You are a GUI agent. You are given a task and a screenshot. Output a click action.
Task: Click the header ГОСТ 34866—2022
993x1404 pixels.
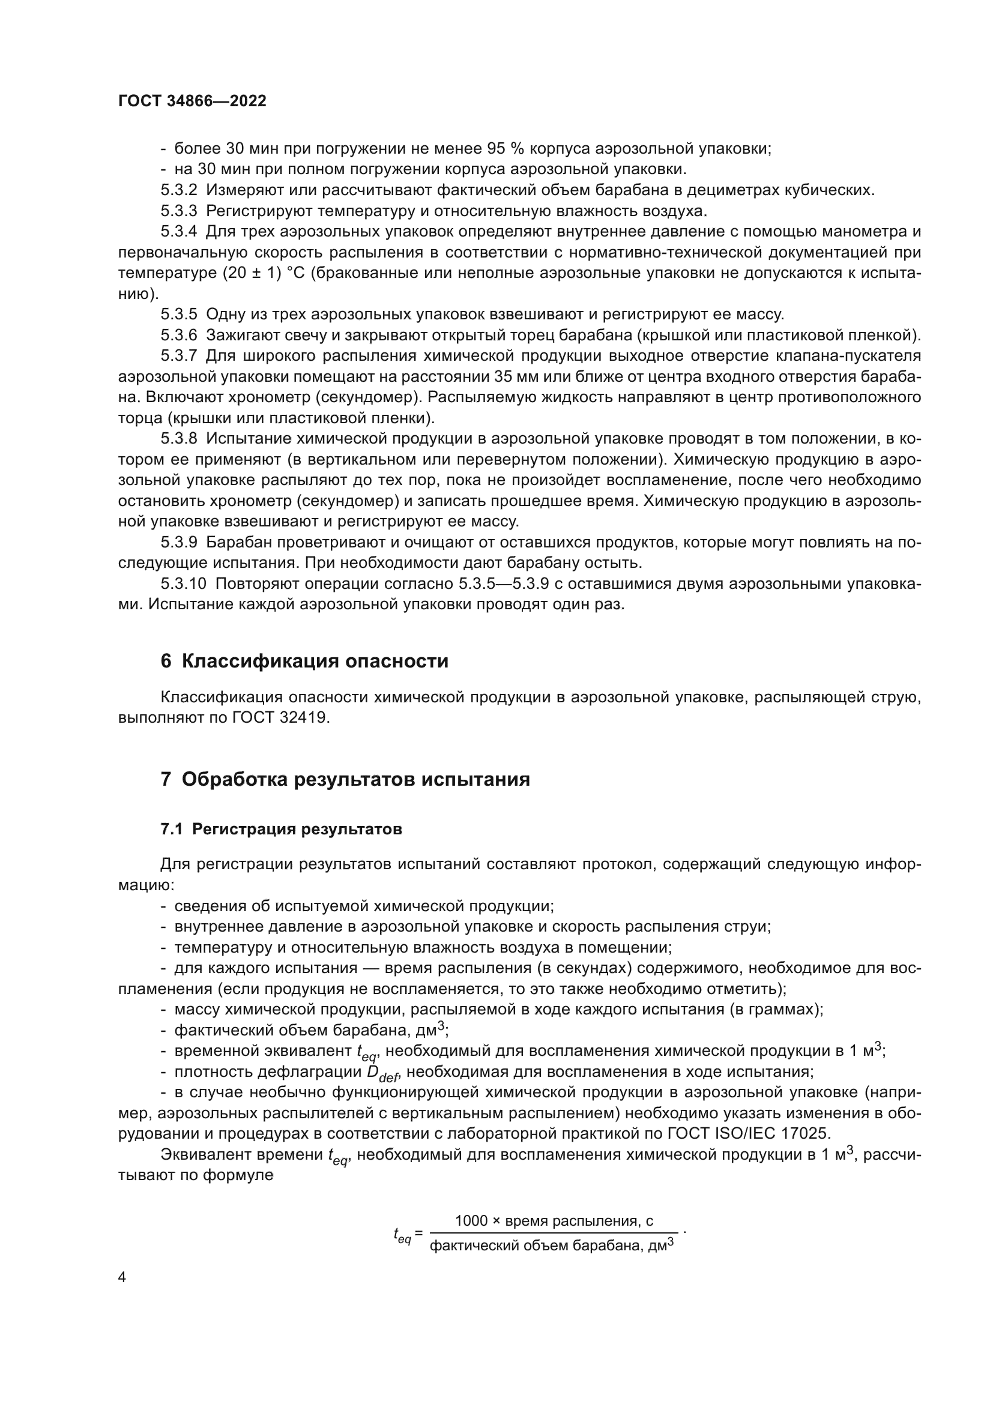tap(192, 101)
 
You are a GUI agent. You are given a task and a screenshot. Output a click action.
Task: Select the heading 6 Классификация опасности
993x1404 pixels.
tap(304, 661)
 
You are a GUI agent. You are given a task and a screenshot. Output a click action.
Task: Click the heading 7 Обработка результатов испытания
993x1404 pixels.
tap(345, 779)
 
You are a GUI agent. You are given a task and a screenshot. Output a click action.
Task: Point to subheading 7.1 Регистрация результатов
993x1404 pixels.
tap(280, 829)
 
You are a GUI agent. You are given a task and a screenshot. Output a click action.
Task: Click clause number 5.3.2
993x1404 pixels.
tap(178, 190)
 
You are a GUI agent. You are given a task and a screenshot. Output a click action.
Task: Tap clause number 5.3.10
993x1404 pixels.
tap(184, 584)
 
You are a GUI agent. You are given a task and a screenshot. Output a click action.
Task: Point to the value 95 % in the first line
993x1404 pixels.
tap(504, 149)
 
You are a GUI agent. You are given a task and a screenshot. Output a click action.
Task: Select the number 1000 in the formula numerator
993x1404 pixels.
tap(471, 1221)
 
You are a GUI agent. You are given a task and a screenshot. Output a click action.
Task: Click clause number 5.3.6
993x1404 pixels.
tap(178, 335)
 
